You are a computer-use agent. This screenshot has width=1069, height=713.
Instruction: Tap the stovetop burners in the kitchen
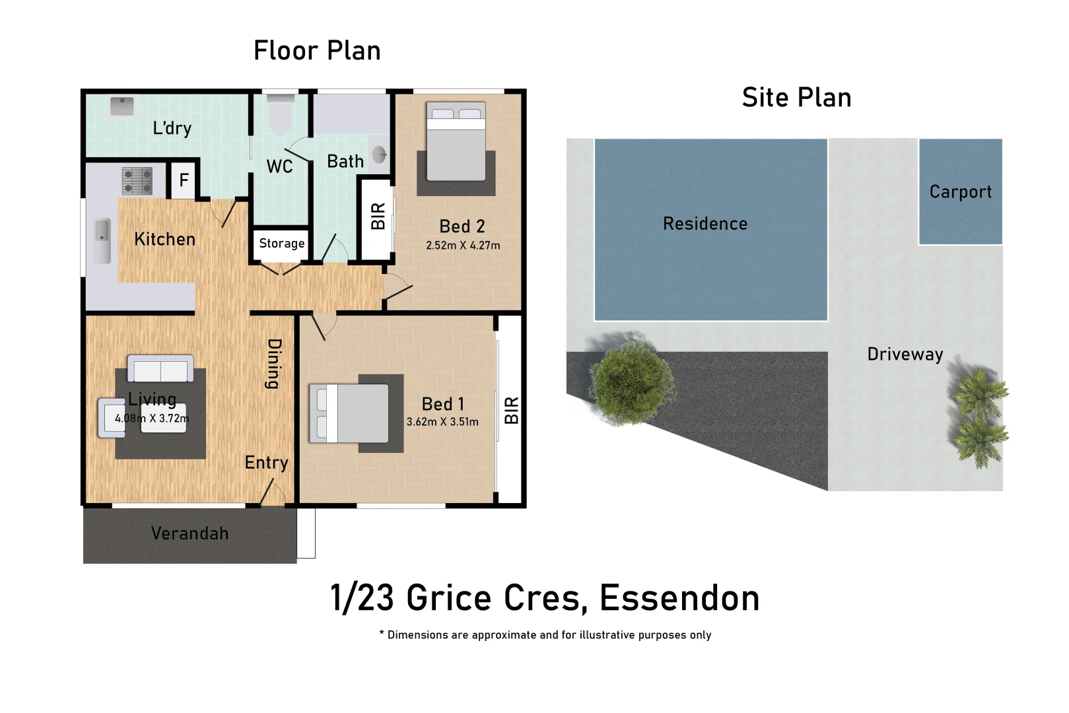[137, 181]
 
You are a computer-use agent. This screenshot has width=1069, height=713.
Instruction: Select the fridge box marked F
[184, 180]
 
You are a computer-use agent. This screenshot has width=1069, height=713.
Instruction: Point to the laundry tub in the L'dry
[121, 106]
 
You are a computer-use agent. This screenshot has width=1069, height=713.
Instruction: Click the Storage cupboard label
[282, 243]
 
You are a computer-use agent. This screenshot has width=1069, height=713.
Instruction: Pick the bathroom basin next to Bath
[379, 154]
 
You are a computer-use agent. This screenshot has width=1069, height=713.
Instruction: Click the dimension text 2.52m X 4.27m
[463, 246]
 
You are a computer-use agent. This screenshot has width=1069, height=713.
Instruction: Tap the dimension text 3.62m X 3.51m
[442, 422]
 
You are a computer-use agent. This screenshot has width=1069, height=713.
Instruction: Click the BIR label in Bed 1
[512, 410]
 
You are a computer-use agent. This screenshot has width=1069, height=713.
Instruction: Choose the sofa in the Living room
[160, 368]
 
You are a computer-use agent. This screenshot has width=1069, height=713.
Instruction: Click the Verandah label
[190, 533]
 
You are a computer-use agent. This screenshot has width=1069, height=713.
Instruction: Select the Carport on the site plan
[960, 191]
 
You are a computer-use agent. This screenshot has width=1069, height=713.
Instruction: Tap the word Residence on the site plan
[705, 224]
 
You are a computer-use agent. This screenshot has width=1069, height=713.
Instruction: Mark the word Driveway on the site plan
[905, 355]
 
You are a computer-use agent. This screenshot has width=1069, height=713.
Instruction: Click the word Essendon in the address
[679, 598]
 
